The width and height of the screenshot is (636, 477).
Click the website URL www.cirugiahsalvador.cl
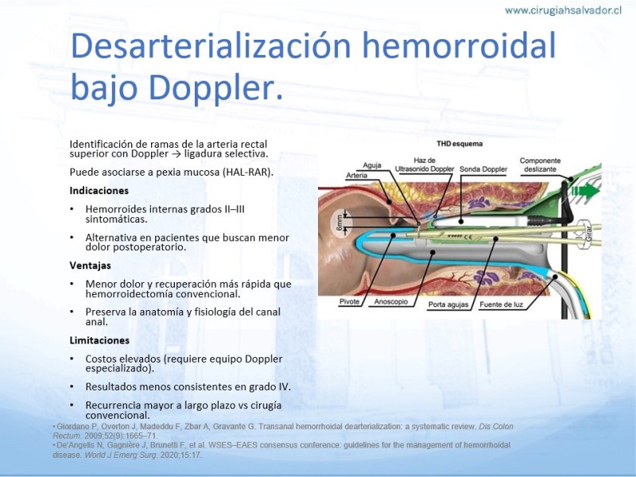coord(563,10)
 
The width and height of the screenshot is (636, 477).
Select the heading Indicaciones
coord(99,191)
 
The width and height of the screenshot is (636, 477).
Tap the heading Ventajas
coord(90,266)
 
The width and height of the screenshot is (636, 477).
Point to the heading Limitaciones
coord(99,340)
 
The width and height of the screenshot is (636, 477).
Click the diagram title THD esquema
coord(460,144)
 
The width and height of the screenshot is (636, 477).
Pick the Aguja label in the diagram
coord(372,165)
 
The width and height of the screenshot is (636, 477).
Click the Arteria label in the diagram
coord(356,175)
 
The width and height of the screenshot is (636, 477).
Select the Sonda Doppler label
coord(483,169)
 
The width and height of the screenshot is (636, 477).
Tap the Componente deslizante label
coord(541,165)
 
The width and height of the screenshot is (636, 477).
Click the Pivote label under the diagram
coord(349,302)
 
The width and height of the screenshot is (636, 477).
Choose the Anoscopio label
coord(390,302)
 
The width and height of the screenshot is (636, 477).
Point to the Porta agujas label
coord(448,304)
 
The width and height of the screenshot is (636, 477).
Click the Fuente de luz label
coord(502,304)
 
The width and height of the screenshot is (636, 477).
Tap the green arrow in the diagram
coord(585,191)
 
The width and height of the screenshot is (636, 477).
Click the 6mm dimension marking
coord(340,223)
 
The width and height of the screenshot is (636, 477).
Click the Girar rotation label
coord(589,235)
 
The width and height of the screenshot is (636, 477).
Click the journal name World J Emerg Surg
coord(121,455)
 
